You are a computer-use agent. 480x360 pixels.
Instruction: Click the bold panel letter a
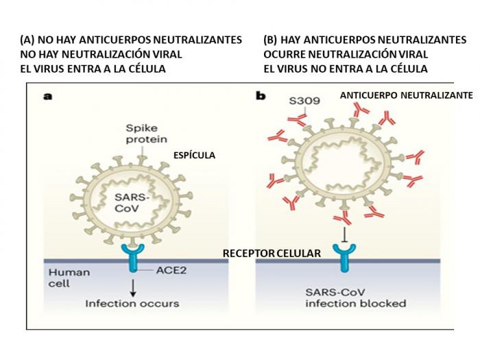click(x=48, y=96)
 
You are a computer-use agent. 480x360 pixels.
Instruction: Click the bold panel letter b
click(x=261, y=96)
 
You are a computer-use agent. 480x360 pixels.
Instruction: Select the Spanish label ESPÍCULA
click(x=193, y=156)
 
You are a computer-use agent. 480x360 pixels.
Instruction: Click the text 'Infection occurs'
click(x=132, y=303)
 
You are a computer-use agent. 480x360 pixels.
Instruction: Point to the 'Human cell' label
click(x=69, y=278)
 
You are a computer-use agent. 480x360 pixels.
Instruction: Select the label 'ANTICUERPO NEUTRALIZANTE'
click(x=407, y=96)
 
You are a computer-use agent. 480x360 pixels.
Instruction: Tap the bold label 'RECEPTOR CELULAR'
click(x=272, y=254)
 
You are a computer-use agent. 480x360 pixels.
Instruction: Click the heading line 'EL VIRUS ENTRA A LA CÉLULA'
click(x=93, y=69)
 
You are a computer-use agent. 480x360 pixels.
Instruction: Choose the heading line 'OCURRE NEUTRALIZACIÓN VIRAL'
click(x=346, y=54)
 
